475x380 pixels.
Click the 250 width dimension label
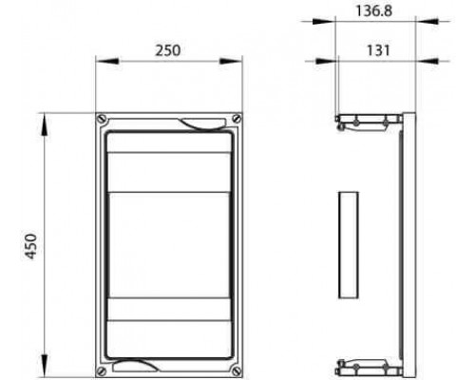[168, 50]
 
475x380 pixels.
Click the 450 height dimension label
[31, 246]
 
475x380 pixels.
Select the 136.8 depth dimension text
[374, 10]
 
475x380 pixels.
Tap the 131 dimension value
[378, 50]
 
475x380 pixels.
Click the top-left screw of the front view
[102, 119]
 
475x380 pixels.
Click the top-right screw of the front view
[237, 119]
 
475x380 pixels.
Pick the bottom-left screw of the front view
[102, 370]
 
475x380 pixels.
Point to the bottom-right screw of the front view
[237, 370]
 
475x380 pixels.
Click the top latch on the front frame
[202, 123]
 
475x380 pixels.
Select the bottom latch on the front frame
[136, 365]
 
